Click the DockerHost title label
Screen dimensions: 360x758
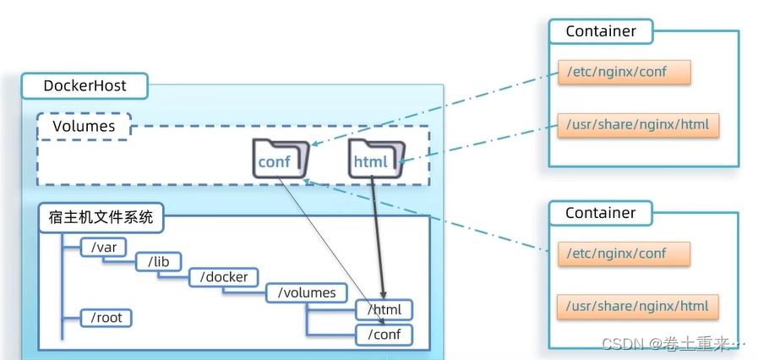(85, 85)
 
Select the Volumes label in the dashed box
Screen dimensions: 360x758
(84, 127)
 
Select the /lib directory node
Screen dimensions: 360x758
(158, 262)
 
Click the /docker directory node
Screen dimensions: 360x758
(224, 277)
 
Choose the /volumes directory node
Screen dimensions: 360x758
(307, 293)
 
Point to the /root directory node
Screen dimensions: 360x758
(106, 318)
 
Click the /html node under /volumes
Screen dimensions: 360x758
(384, 310)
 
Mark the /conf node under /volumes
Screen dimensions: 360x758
(384, 335)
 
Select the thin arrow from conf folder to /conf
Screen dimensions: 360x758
(330, 245)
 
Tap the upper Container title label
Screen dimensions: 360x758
(600, 31)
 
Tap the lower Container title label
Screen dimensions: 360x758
(600, 213)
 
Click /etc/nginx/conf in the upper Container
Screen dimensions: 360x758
(624, 72)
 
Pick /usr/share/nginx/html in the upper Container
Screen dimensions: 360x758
(639, 125)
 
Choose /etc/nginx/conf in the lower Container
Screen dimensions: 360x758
(624, 254)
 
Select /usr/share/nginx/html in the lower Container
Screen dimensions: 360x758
(639, 306)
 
